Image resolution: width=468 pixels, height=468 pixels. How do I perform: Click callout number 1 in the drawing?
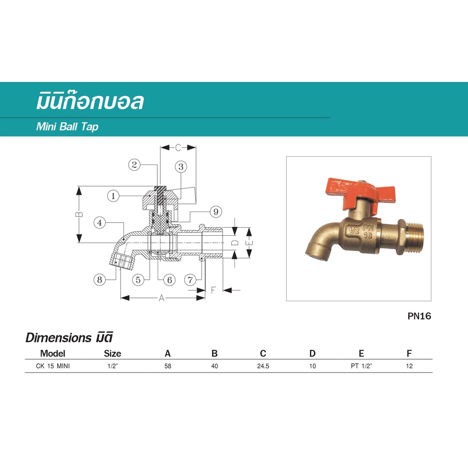click(x=113, y=196)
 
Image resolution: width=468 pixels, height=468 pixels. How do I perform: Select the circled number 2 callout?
click(x=134, y=165)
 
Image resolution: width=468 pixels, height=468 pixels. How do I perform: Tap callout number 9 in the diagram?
click(x=216, y=212)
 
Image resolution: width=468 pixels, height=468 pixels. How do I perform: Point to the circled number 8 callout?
click(x=99, y=280)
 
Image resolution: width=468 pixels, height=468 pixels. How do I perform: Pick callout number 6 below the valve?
click(x=170, y=280)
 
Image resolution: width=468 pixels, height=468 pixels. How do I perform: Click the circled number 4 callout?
click(x=99, y=223)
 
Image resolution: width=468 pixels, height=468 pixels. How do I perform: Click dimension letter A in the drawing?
click(x=161, y=298)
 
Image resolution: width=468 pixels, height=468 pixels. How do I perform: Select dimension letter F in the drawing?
click(x=213, y=290)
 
